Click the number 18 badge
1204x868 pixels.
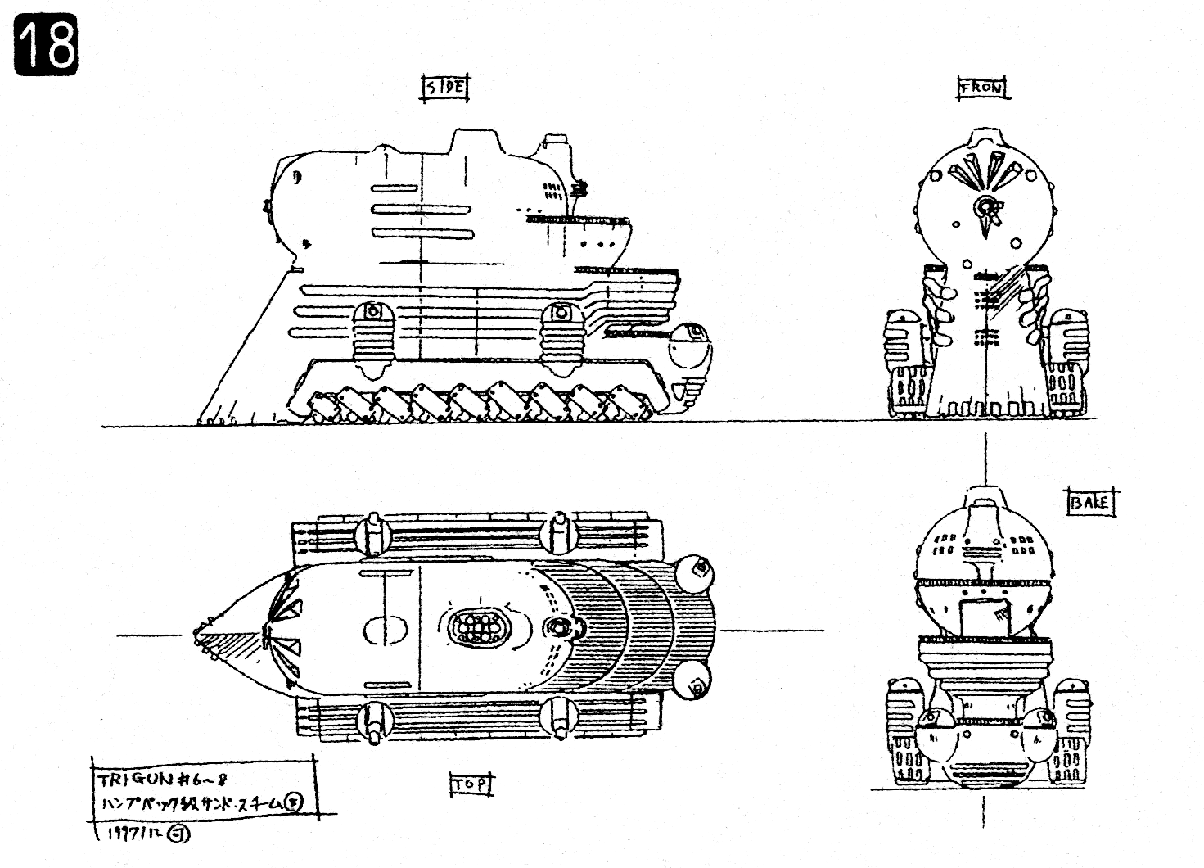click(47, 47)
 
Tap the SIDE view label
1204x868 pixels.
click(445, 88)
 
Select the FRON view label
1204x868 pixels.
click(982, 88)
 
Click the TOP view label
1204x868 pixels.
click(471, 785)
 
